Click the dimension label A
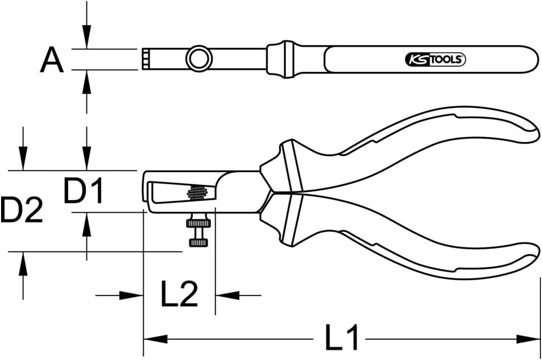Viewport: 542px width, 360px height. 52,60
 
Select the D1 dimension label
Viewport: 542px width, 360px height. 83,191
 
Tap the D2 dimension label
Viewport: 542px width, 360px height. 21,211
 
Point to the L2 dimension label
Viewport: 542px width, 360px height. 179,295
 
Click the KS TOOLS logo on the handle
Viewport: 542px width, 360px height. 435,59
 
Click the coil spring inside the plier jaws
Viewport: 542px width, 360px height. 197,193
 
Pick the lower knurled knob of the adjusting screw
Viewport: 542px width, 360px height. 198,242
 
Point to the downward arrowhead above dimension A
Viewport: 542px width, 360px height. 86,41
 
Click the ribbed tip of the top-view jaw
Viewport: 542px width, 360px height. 147,58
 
